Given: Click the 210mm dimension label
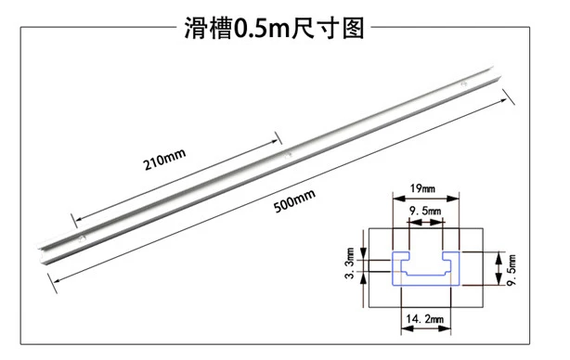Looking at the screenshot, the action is coord(164,160).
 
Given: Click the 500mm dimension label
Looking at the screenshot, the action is coord(294,201).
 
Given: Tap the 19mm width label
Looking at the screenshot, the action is coord(422,188).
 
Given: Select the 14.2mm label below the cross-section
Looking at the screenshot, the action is coord(425,319).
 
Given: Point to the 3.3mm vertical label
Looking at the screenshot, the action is coord(350,263).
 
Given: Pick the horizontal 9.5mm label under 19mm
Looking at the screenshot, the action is coord(425,211).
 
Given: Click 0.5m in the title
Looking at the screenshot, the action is coord(261,29).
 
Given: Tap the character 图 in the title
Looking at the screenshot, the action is coord(353,29).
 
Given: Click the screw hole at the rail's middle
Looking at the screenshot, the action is coord(288,156).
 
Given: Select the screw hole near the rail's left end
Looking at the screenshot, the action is coord(82,238).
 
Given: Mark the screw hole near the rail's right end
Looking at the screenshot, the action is coord(463,84).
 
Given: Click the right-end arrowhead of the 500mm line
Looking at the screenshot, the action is coord(503,100).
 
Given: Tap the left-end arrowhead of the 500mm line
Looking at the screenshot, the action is coord(58,280).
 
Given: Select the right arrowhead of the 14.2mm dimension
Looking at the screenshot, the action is coord(445,328).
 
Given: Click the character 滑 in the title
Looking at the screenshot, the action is coord(195,29).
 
